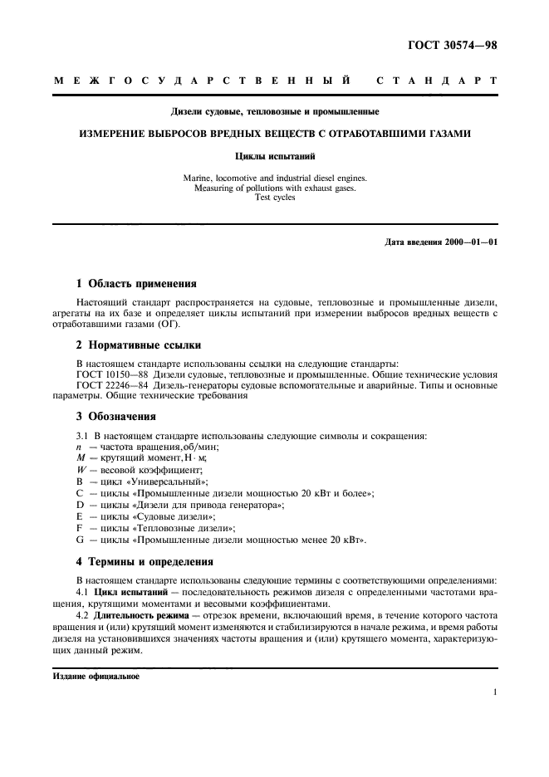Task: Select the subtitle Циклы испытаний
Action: coord(275,155)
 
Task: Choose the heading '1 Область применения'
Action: coord(137,283)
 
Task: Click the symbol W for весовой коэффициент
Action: coord(81,470)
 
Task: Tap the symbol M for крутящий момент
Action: coord(81,458)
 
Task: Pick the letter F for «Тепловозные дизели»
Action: coord(80,528)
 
